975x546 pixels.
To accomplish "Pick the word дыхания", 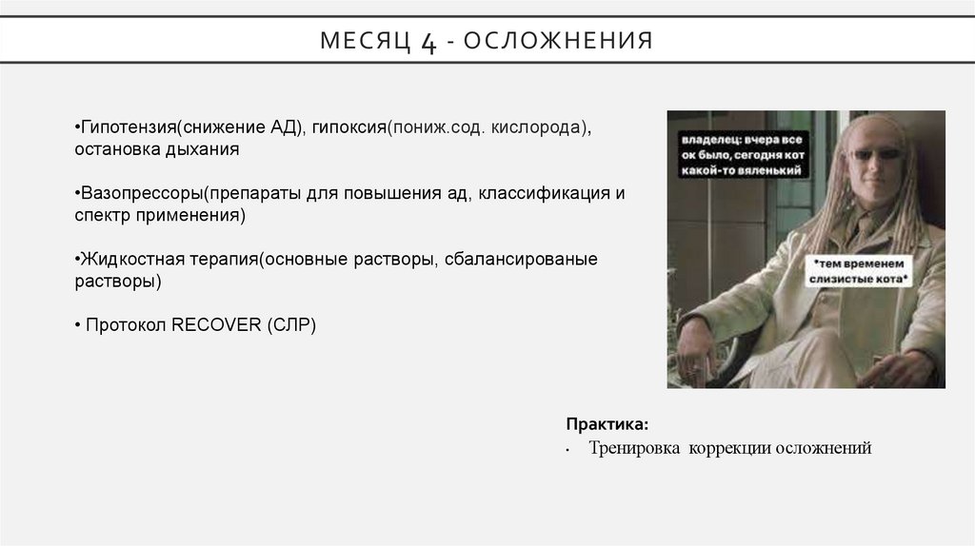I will click(210, 150).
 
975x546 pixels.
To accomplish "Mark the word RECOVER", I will click(215, 324).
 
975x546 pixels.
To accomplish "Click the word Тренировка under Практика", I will click(631, 448).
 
